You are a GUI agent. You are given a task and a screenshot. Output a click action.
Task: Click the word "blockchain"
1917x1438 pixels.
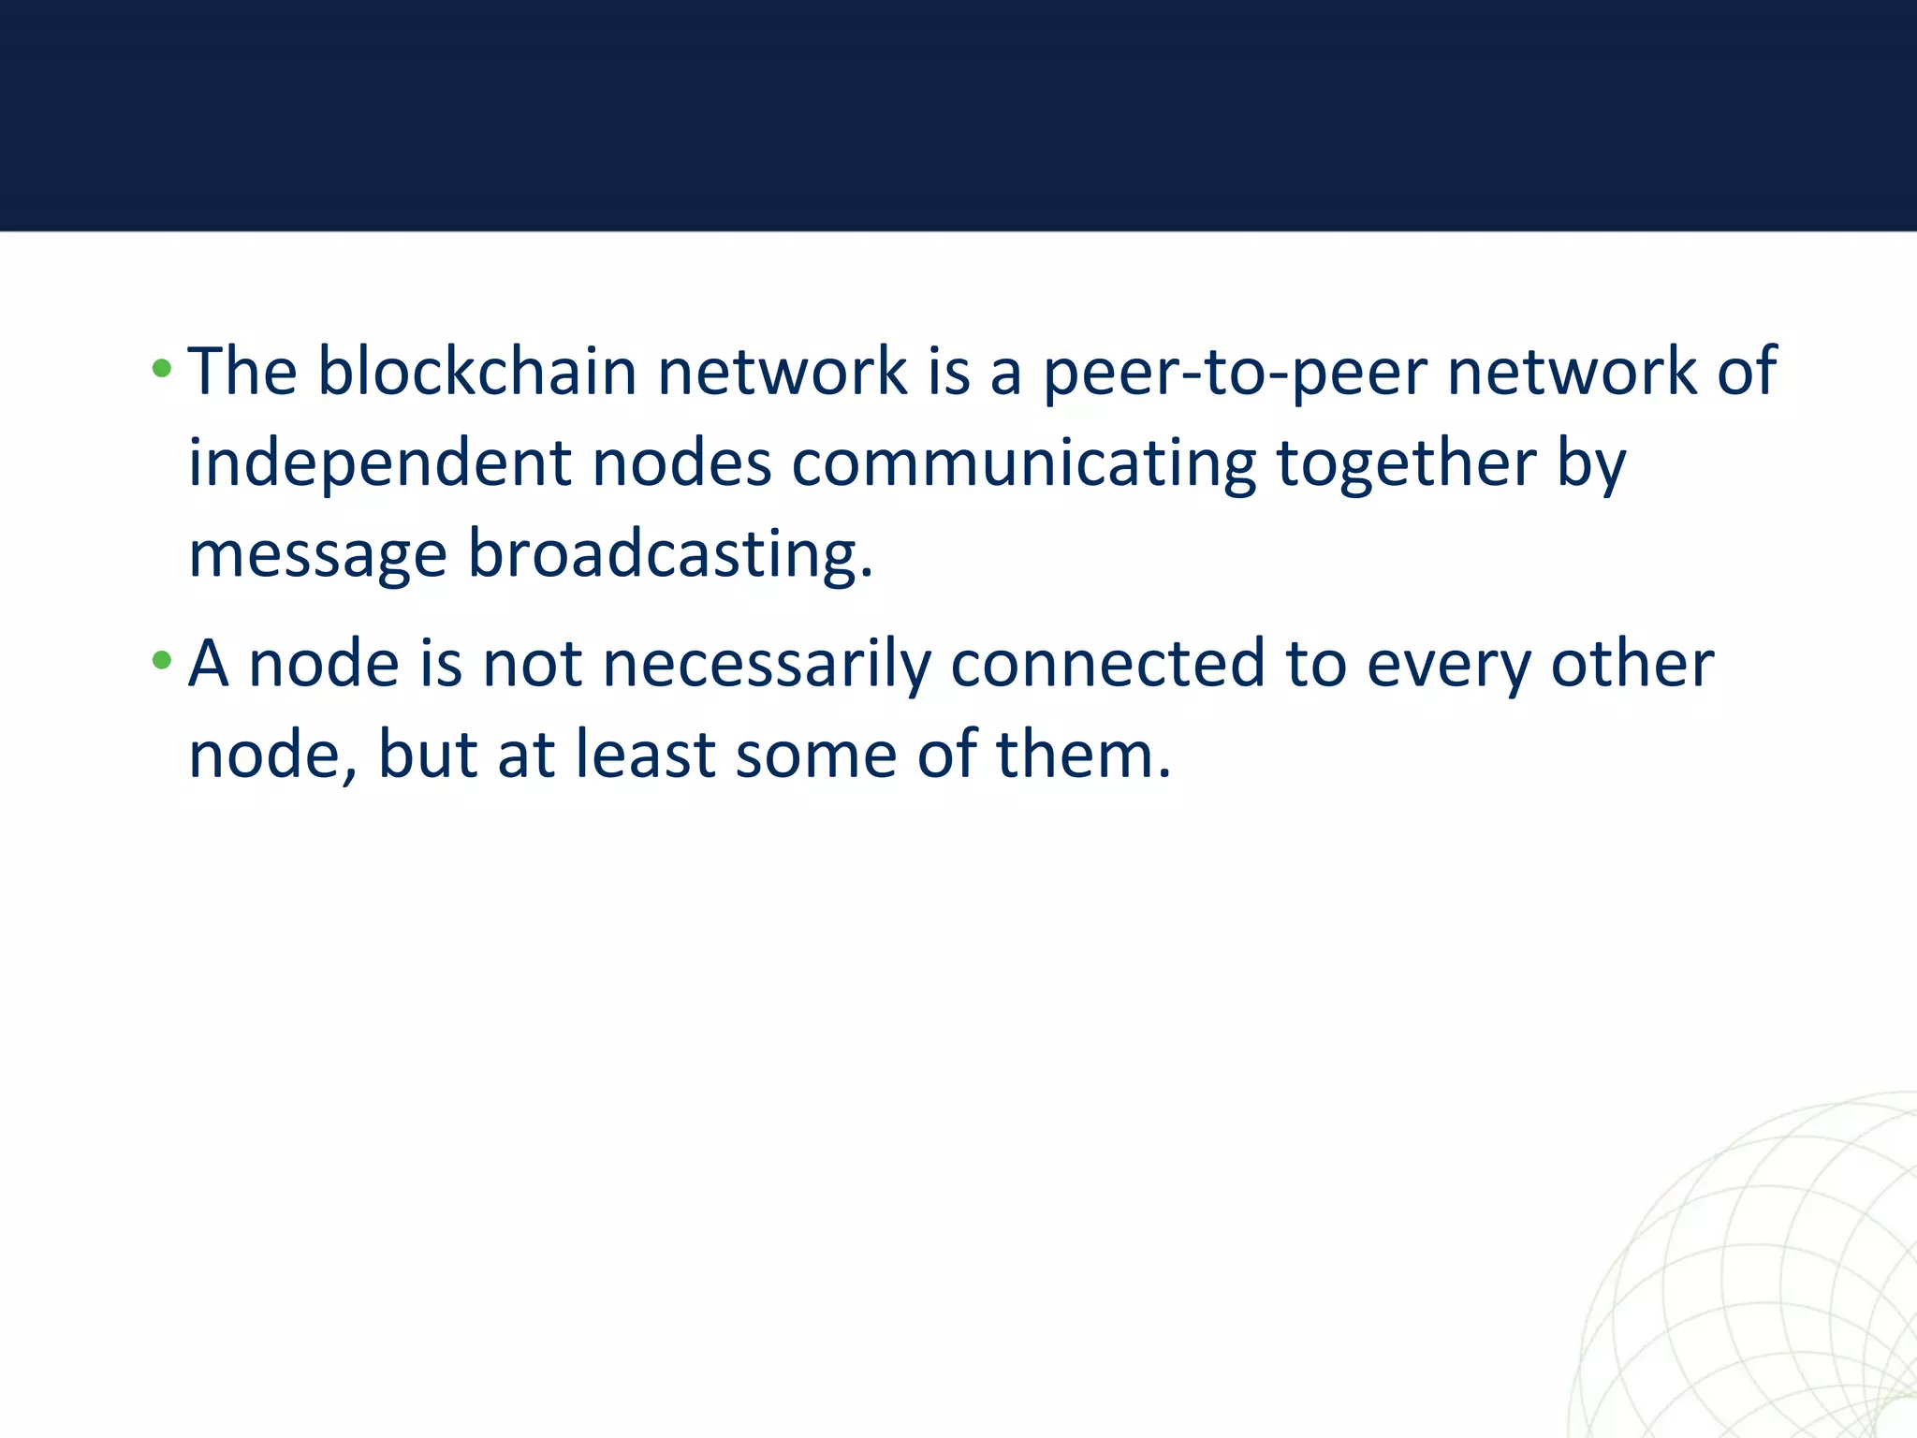[x=477, y=371]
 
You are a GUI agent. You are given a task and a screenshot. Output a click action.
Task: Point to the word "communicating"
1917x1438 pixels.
[x=1024, y=464]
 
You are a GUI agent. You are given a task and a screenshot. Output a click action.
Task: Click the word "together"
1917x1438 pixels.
[x=1406, y=464]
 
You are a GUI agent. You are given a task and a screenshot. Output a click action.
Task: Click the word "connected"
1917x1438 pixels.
[x=1107, y=663]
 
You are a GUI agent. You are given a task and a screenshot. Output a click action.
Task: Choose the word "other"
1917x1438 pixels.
[x=1632, y=663]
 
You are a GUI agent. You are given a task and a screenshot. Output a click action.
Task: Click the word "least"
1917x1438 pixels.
[x=645, y=755]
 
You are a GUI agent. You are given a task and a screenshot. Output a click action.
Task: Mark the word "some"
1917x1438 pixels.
[x=816, y=755]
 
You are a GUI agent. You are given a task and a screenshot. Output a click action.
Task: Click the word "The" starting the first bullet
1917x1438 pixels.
[x=242, y=371]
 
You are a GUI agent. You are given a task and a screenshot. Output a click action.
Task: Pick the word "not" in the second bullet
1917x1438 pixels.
[x=532, y=663]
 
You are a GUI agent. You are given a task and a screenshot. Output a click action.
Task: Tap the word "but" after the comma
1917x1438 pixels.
[x=428, y=755]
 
